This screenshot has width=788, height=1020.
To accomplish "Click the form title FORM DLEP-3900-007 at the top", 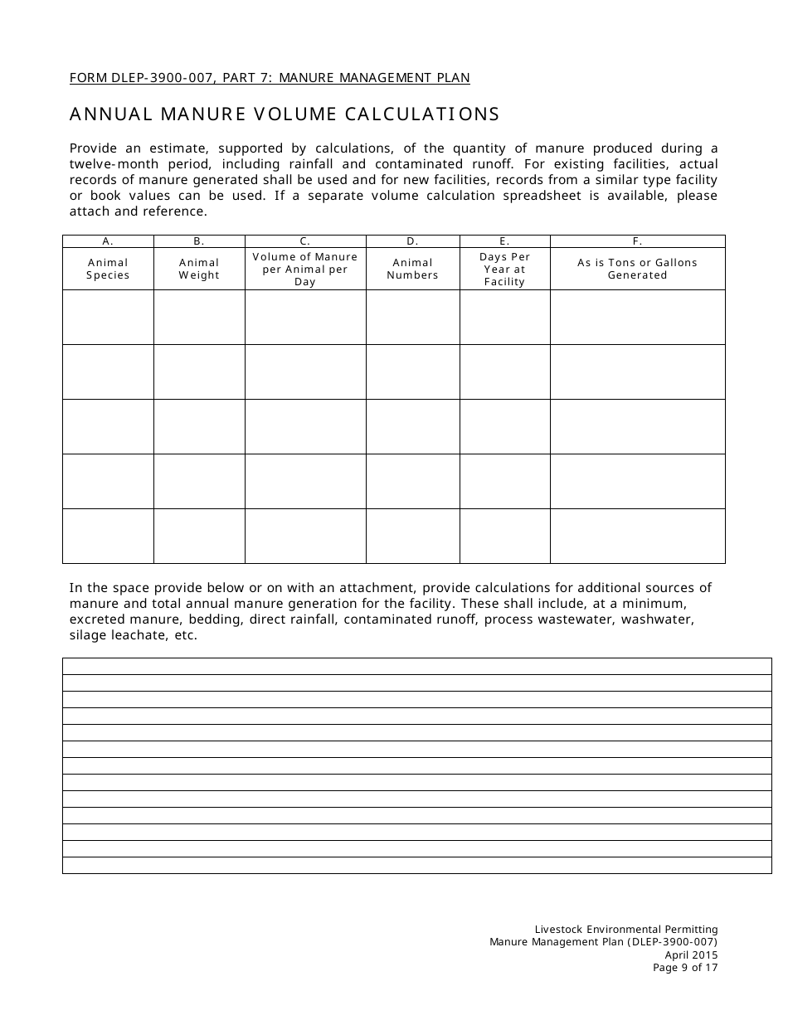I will click(x=270, y=78).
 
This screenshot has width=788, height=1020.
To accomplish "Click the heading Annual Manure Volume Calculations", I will click(x=285, y=114).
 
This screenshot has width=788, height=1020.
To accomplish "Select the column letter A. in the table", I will click(x=108, y=241).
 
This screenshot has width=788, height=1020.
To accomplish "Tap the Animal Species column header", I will click(x=108, y=269).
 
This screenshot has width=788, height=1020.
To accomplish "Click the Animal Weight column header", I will click(x=199, y=269).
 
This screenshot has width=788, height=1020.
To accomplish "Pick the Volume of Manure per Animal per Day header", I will click(x=305, y=269).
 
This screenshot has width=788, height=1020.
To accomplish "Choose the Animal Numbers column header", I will click(x=412, y=269).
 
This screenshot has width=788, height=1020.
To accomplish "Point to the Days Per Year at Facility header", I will click(x=504, y=269).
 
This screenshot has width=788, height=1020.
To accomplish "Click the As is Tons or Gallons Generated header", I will click(x=637, y=269).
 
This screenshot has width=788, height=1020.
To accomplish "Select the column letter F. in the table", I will click(x=637, y=241).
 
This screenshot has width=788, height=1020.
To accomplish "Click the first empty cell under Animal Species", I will click(x=108, y=317).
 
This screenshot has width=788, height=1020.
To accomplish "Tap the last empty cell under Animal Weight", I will click(x=199, y=536).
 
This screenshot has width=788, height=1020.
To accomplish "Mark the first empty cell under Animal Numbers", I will click(x=412, y=317).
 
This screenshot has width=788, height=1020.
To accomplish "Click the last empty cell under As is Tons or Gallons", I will click(x=637, y=536).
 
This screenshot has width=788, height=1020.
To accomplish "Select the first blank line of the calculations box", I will click(x=416, y=666).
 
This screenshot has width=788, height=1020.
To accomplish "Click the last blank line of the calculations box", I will click(x=416, y=865).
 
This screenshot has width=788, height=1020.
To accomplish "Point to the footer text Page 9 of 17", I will click(x=685, y=967).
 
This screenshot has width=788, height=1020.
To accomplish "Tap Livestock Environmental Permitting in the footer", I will click(x=626, y=930).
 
